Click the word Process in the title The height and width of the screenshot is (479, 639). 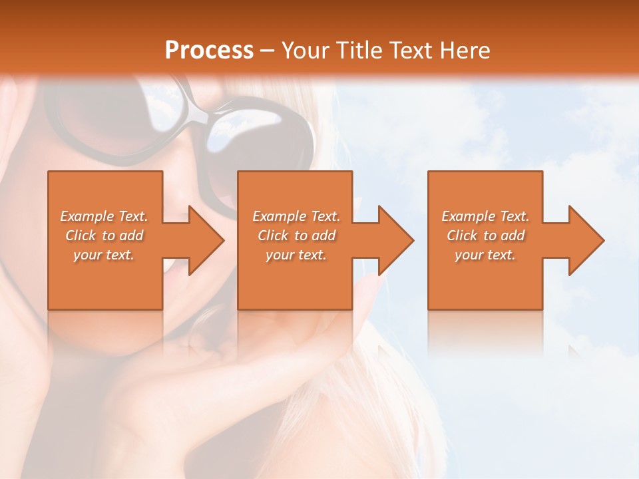[209, 51]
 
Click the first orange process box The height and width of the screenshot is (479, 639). [105, 279]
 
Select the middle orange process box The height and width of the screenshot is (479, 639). [295, 279]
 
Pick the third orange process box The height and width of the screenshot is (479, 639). [485, 279]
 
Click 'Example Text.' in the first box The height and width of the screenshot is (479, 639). [105, 216]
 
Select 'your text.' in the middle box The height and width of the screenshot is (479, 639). [296, 255]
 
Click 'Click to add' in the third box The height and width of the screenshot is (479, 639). [486, 236]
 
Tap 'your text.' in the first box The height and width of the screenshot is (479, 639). [104, 255]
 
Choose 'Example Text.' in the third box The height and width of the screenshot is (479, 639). [486, 216]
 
